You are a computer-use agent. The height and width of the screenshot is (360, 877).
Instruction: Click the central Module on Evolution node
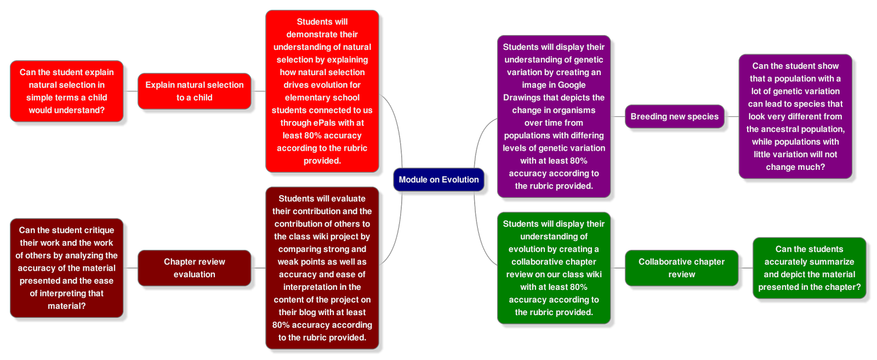click(x=438, y=180)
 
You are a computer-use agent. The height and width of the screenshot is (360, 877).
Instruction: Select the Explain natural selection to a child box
click(x=194, y=91)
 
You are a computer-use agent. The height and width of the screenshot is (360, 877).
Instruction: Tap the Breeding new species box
click(x=674, y=117)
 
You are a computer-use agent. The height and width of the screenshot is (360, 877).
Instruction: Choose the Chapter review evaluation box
click(x=194, y=268)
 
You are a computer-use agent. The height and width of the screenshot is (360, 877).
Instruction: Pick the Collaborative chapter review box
click(x=681, y=268)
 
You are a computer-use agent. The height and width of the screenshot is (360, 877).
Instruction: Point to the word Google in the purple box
click(x=572, y=85)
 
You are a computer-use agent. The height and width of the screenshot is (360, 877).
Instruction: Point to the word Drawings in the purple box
click(x=522, y=98)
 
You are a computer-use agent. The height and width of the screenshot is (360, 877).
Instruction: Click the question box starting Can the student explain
click(x=67, y=91)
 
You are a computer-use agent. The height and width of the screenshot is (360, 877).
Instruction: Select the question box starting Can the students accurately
click(x=809, y=268)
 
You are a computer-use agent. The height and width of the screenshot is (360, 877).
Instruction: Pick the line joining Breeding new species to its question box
click(x=731, y=117)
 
